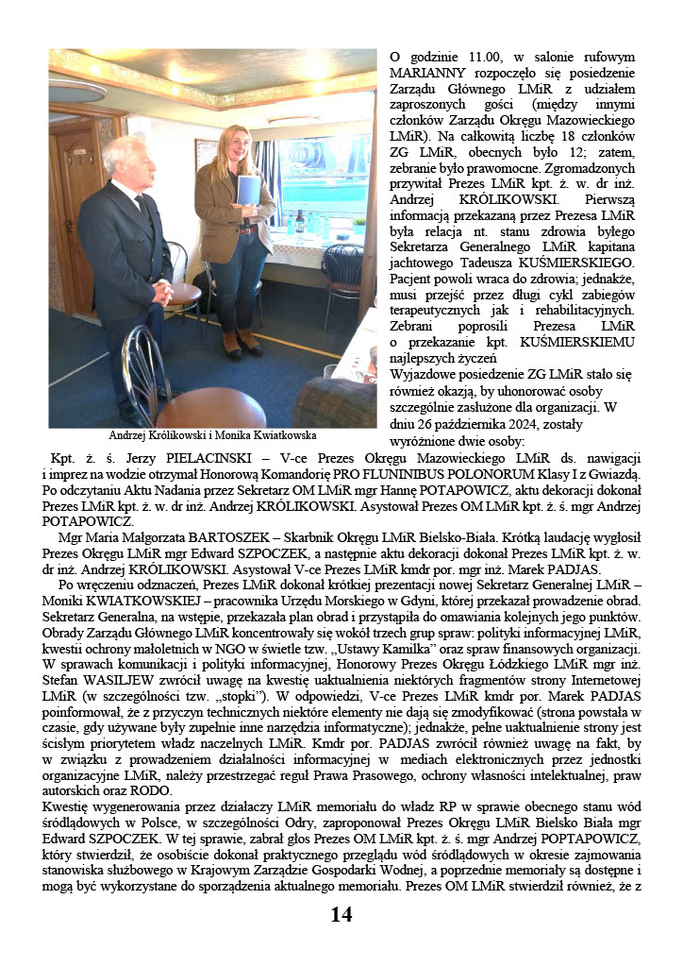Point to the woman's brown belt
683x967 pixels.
247,229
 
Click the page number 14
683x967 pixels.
341,915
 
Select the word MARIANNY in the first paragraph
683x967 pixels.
426,73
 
